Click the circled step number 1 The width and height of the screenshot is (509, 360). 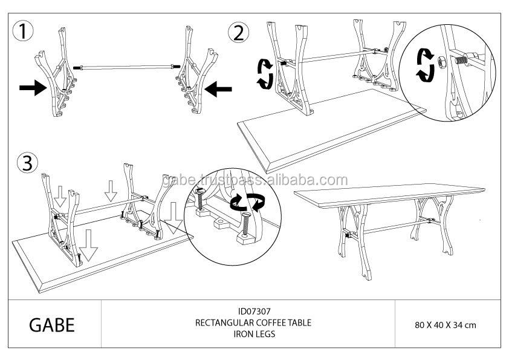pos(23,31)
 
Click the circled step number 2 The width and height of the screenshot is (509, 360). pos(239,33)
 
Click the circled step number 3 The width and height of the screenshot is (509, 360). pos(28,163)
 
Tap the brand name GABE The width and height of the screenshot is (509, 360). pos(52,324)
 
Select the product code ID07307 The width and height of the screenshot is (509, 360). pos(254,311)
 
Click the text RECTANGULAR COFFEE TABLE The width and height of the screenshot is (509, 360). pos(253,322)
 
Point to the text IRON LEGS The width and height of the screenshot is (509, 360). pos(254,334)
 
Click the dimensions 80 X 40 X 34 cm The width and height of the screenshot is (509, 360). pos(446,325)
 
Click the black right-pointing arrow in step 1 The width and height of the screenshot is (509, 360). pos(33,88)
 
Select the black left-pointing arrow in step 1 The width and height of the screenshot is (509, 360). pos(218,89)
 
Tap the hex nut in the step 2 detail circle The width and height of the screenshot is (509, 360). pos(441,61)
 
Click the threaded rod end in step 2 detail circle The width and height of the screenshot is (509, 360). pos(461,60)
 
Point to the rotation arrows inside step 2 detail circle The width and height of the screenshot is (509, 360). pos(426,65)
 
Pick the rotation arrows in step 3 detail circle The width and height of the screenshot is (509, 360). pos(247,202)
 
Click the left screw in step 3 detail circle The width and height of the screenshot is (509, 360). pos(200,199)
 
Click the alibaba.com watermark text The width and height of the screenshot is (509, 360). pos(255,180)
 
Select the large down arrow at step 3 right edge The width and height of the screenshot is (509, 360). pos(173,218)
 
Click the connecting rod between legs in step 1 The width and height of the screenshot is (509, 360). pos(126,67)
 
